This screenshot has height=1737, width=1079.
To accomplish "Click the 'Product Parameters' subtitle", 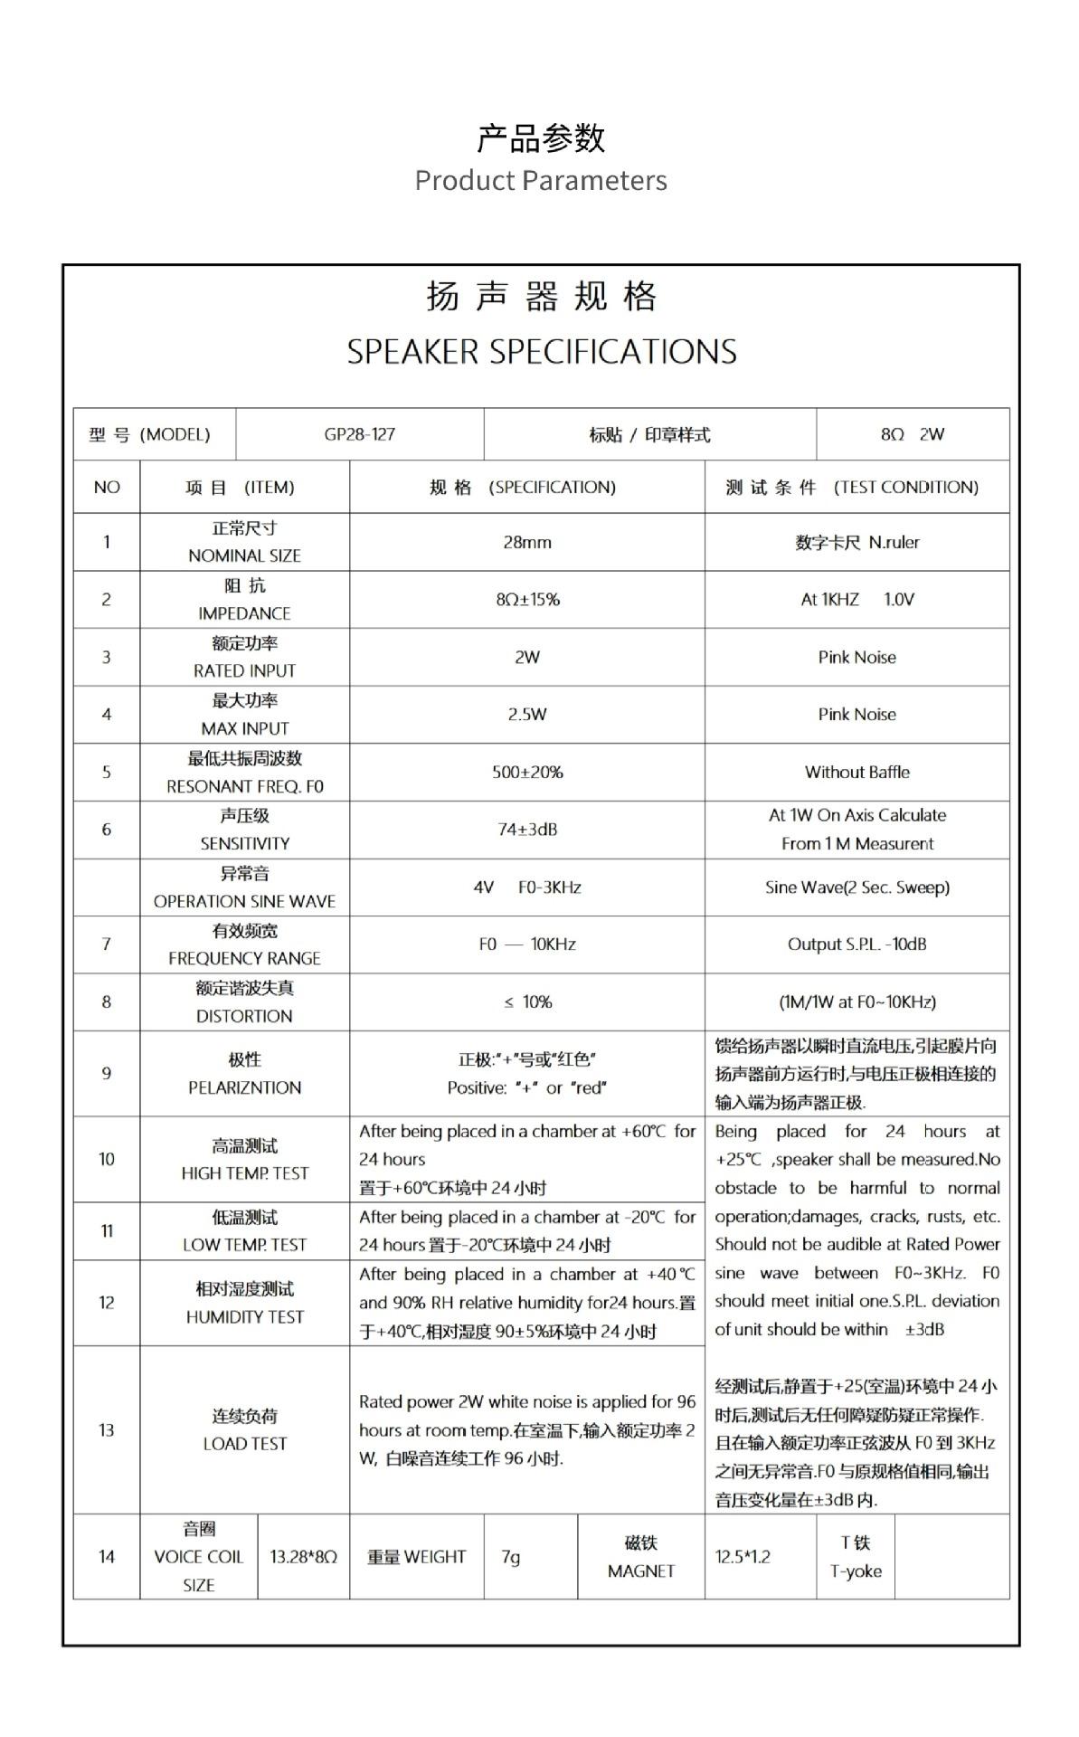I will click(540, 180).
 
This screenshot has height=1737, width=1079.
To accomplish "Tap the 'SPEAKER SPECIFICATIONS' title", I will click(541, 351).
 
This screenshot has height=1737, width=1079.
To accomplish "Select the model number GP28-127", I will click(359, 434).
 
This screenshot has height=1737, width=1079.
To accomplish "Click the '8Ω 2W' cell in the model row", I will click(912, 434).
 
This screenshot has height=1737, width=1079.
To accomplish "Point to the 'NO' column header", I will click(107, 487).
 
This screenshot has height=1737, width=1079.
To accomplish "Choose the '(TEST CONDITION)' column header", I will click(905, 487).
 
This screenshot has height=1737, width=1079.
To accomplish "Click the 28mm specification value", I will click(526, 542).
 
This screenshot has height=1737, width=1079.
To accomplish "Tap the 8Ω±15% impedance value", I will click(527, 599).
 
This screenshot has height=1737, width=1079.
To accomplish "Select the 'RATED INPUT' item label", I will click(244, 670).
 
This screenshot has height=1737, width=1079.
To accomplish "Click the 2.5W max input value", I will click(526, 714).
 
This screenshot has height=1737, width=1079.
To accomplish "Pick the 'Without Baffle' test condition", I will click(857, 772).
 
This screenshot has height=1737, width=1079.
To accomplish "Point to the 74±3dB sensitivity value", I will click(527, 829).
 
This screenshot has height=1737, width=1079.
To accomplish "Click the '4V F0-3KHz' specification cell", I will click(526, 887).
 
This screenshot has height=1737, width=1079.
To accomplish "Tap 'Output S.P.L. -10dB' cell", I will click(857, 944).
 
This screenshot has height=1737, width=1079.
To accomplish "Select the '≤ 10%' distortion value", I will click(527, 1001).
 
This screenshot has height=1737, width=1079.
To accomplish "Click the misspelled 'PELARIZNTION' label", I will click(244, 1087).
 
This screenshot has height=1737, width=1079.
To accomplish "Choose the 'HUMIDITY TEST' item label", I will click(244, 1316).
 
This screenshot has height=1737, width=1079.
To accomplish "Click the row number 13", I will click(107, 1429).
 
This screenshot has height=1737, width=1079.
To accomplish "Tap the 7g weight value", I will click(511, 1556).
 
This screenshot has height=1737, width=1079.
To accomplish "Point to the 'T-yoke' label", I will click(856, 1571).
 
